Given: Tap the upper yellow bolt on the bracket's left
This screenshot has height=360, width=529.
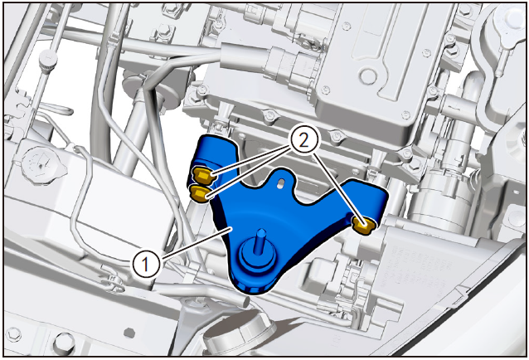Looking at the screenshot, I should [201, 176].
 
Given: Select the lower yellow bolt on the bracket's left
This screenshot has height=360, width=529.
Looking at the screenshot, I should [200, 193].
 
